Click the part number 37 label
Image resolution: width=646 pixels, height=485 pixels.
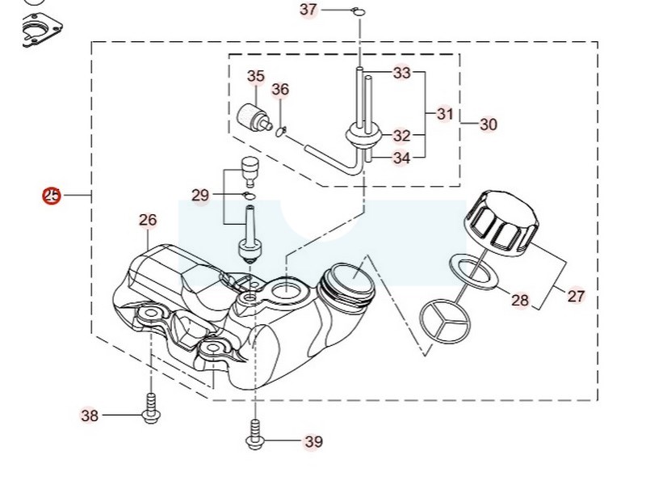pos(308,10)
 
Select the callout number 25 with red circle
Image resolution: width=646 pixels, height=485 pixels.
pos(52,196)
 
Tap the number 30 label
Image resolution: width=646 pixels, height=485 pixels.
pos(489,124)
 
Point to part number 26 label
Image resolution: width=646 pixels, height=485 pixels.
pos(148,220)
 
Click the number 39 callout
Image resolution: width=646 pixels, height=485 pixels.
pos(313,441)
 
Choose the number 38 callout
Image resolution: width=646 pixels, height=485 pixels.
pos(90,415)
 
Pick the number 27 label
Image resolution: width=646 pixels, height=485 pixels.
pos(576,296)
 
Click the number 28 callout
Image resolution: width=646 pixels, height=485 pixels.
pos(520,300)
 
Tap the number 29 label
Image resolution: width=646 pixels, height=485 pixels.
pos(200,195)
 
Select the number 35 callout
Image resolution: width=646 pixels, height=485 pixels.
pos(256,76)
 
